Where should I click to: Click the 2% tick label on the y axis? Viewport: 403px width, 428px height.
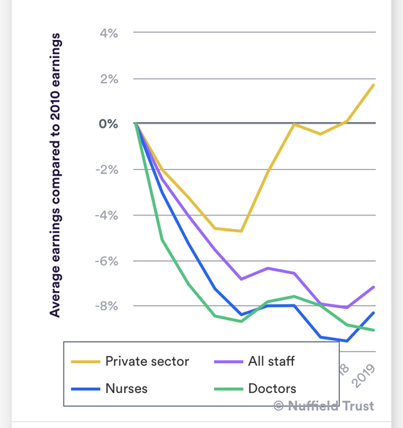tap(108, 78)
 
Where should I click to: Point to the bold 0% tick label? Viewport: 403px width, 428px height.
tap(108, 124)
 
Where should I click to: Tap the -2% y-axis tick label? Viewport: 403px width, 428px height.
tap(106, 170)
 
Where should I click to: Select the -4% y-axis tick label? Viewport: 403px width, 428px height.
tap(106, 215)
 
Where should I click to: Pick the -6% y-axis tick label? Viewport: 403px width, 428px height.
tap(106, 261)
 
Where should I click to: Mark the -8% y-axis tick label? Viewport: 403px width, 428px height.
tap(106, 306)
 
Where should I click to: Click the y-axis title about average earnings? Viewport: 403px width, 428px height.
tap(55, 174)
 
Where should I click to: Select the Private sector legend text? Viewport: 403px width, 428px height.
tap(147, 361)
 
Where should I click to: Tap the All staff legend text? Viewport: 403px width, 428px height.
tap(271, 361)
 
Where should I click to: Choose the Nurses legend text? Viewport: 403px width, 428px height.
tap(126, 389)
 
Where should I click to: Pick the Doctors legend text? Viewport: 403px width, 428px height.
tap(272, 389)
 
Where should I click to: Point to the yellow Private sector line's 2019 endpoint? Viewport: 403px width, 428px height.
tap(374, 85)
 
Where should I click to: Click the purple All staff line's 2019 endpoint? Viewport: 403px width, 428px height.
tap(374, 287)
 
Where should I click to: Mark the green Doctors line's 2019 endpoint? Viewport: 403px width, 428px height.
tap(374, 330)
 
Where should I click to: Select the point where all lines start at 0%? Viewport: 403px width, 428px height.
tap(135, 124)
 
